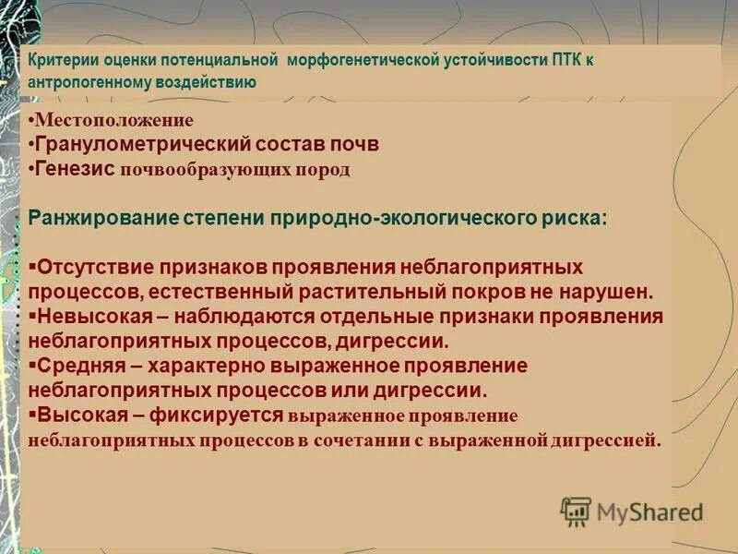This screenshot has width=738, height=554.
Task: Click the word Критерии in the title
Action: pos(56,61)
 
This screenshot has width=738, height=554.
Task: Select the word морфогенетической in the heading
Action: pos(358,61)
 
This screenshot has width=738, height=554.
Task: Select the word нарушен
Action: pos(615,292)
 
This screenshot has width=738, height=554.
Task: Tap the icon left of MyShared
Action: pos(576,511)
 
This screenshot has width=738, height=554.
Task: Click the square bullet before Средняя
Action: pos(32,364)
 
